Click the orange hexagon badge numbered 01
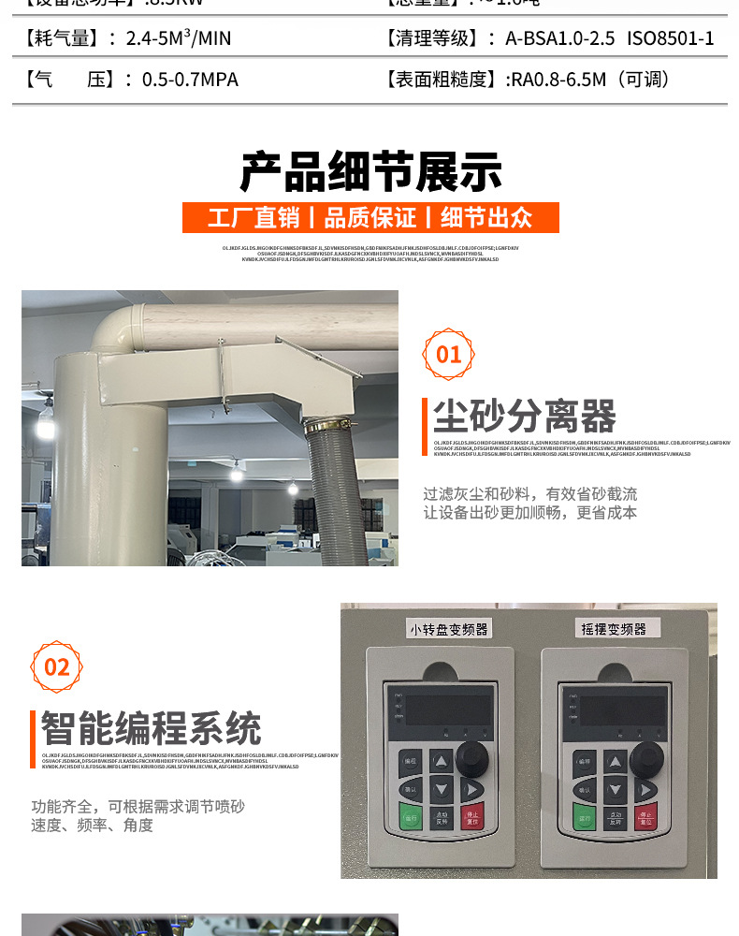click(x=449, y=355)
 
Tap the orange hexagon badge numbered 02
click(x=57, y=666)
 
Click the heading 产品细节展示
click(x=370, y=171)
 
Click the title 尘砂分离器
click(x=525, y=417)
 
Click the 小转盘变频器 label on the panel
click(x=448, y=628)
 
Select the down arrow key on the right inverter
click(x=614, y=791)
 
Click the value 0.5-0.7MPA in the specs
click(x=190, y=80)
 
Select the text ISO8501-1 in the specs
click(x=670, y=38)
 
